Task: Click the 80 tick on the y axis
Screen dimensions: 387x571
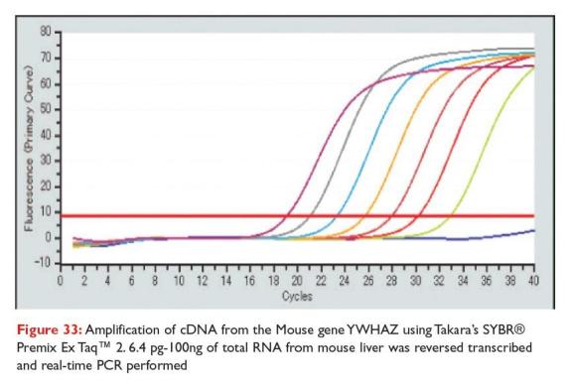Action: pos(44,31)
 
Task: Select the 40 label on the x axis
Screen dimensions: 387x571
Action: pos(535,281)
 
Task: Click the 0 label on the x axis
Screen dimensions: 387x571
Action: pos(60,281)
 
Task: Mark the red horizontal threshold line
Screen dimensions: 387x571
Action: pos(298,214)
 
